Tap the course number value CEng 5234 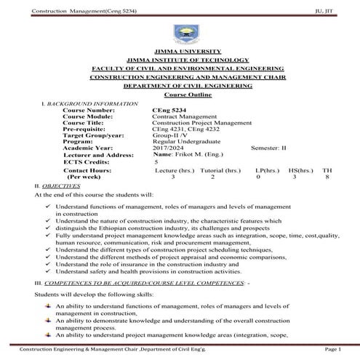(x=168, y=109)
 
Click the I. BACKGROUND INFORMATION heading (x=84, y=103)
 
